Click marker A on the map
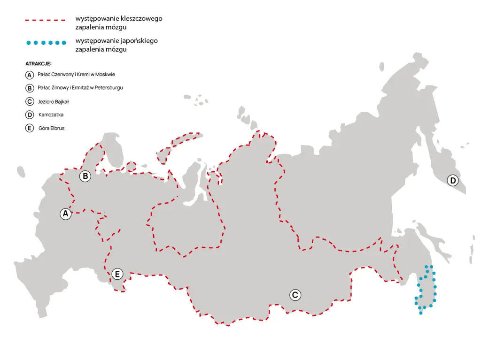65,214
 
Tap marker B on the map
85,176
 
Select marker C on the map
295,295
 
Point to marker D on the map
452,181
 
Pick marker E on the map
117,274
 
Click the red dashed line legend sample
45,21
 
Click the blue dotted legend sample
46,43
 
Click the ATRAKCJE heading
38,63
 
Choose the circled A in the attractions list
30,75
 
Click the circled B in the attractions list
30,88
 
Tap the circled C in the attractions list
30,101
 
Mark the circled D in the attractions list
30,115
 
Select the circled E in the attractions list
30,128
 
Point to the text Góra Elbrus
52,128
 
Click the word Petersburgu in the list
109,88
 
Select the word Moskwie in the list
105,75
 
